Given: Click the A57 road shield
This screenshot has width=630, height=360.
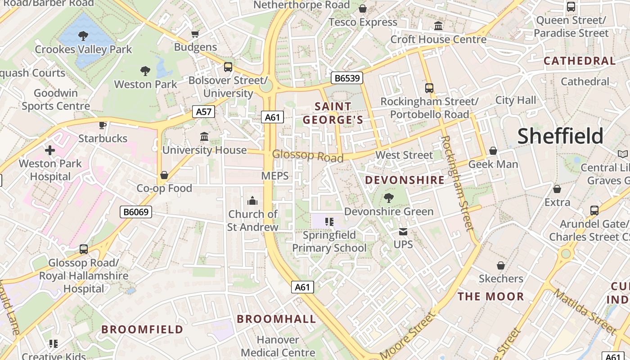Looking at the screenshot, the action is pyautogui.click(x=203, y=112).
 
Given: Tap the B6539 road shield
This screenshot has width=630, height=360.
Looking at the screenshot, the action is pyautogui.click(x=347, y=78).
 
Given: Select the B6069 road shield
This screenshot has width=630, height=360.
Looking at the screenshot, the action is pyautogui.click(x=136, y=212).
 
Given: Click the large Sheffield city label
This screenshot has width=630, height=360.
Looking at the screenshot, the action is pyautogui.click(x=560, y=136).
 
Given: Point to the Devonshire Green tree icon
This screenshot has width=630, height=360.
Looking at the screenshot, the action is pyautogui.click(x=389, y=198).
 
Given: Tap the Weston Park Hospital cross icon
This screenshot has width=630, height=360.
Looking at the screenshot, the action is pyautogui.click(x=50, y=150).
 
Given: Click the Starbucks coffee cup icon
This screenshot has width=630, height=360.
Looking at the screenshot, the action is pyautogui.click(x=103, y=125).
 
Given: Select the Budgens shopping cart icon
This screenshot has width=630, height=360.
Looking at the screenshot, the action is pyautogui.click(x=195, y=34).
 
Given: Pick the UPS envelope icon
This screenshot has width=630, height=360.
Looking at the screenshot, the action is pyautogui.click(x=403, y=232).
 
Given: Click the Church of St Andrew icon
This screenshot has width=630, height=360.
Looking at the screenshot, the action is pyautogui.click(x=252, y=200).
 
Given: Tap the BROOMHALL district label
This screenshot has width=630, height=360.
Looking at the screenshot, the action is pyautogui.click(x=276, y=319).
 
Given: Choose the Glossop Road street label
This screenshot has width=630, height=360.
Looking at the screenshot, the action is pyautogui.click(x=307, y=156).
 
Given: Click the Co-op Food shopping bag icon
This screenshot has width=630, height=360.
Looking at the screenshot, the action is pyautogui.click(x=164, y=175).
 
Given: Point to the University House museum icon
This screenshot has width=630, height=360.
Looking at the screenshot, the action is pyautogui.click(x=204, y=136).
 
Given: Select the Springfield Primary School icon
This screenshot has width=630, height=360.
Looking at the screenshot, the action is pyautogui.click(x=329, y=221).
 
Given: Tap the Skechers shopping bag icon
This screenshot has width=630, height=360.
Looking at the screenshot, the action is pyautogui.click(x=500, y=265).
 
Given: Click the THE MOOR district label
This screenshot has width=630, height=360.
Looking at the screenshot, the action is pyautogui.click(x=490, y=297).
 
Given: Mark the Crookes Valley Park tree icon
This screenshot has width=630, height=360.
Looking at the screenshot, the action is pyautogui.click(x=83, y=36).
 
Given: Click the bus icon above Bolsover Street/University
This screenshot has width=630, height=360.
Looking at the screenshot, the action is pyautogui.click(x=228, y=67).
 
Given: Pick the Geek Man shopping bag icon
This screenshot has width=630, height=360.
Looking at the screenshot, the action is pyautogui.click(x=493, y=151).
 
